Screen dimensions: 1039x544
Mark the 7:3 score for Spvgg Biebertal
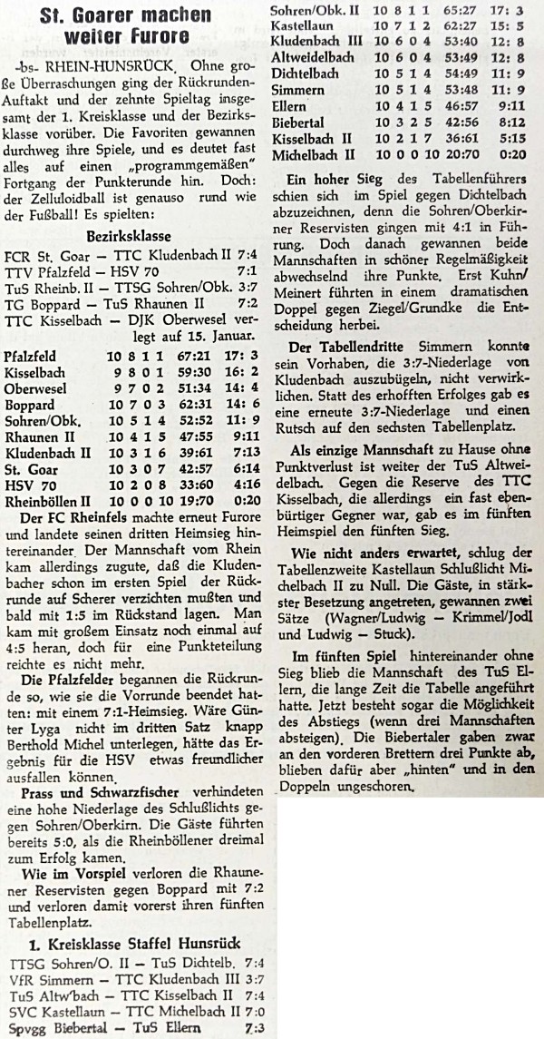[x=256, y=1029]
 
